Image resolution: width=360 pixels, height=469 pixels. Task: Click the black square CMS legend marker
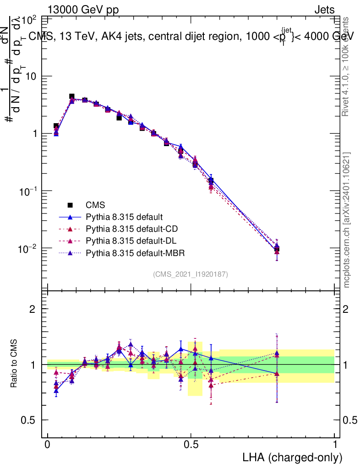[x=70, y=205]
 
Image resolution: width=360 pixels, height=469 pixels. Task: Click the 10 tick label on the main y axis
[x=31, y=76]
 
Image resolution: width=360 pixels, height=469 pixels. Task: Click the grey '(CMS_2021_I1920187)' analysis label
[x=191, y=274]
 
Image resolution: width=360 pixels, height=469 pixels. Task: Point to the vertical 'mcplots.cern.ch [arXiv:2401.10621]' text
[x=347, y=220]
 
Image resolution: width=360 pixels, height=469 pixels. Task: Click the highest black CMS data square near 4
[x=72, y=97]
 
